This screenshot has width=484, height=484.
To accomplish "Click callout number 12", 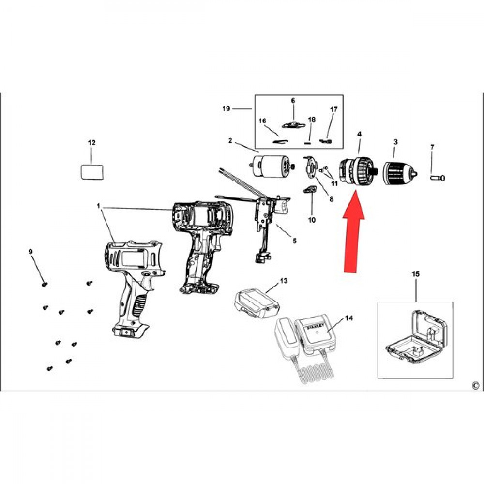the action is pos(91,143).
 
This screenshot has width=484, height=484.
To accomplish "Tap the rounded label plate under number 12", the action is pos(92,172).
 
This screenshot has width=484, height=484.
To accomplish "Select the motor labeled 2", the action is pos(272,166).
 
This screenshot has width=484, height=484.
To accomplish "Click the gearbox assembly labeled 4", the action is pos(358,171).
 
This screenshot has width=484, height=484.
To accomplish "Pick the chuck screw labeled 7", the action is pos(438,178).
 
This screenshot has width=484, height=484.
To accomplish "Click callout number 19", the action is pos(226,109).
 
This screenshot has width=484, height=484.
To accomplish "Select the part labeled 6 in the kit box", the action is pos(293,125).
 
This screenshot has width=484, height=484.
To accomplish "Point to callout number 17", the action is pos(334,109).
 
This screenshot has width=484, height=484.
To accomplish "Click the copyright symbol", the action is pos(476,386).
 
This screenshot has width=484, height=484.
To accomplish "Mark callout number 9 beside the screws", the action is pos(30,252).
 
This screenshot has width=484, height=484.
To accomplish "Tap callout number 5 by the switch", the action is pos(294,241).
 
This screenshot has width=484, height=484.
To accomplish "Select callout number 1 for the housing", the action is pos(99,206).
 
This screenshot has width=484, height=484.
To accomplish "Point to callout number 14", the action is pos(349,318).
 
